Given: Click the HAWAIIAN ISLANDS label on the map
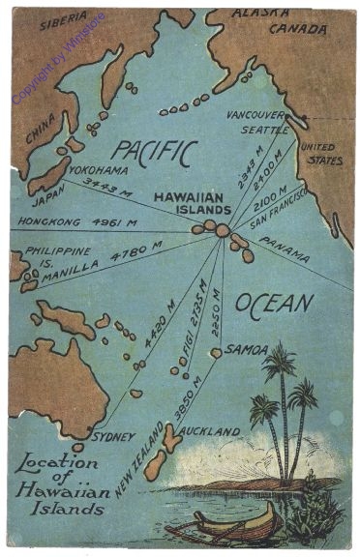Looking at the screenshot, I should tap(193, 201).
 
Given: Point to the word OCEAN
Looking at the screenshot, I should tap(274, 303).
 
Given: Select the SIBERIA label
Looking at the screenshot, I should tap(63, 20).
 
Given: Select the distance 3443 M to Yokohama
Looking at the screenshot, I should tap(107, 183).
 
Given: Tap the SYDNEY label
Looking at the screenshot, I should tap(113, 436).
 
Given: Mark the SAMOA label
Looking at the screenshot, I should tap(241, 347).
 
